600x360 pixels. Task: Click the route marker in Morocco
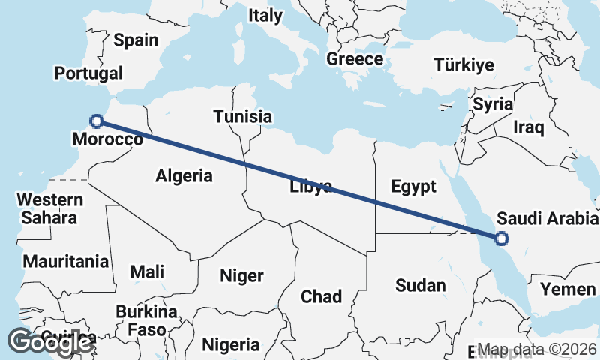pos(96,121)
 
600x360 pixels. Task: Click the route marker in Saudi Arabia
pos(502,238)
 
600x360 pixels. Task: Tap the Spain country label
pos(136,40)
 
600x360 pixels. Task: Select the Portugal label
pos(88,73)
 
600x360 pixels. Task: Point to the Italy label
pos(265,15)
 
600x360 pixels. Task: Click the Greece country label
pos(355,59)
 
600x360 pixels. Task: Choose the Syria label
pos(492,104)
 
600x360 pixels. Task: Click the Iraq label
pos(528,127)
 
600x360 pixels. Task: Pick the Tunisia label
pos(242,116)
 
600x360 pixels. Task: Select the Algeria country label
pos(184,176)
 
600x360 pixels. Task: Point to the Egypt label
pos(413,187)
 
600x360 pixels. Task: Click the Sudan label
pos(420,285)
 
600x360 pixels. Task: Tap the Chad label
pos(321,296)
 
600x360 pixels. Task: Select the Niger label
pos(241,276)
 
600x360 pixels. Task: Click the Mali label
pos(147,271)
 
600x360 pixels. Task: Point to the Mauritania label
pos(66,262)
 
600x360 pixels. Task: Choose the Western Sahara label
pos(50,209)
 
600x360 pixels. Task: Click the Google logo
pos(50,341)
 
